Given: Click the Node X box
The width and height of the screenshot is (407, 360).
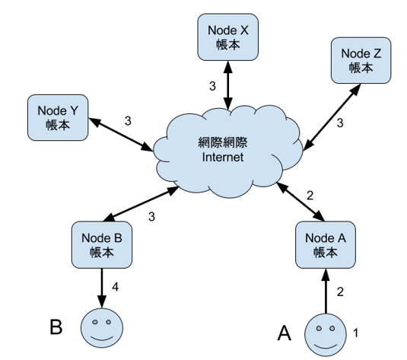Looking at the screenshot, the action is coord(228,37).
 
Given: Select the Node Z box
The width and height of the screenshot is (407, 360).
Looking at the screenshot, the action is coord(361,60).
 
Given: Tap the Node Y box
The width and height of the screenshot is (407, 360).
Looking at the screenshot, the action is coord(58,118).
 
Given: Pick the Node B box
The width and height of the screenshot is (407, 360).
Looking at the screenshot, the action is coord(102,244).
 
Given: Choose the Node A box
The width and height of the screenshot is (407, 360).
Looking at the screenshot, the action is coord(326,244).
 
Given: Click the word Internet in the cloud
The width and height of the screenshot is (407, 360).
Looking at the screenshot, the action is coord(223,157).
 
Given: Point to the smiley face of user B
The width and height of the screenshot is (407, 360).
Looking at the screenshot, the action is coord(102,328).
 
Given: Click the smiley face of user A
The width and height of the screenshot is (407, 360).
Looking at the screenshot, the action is coord(326,334).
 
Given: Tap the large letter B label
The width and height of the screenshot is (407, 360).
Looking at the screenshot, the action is coord(56,327).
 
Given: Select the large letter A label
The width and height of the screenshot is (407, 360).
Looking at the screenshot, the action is coord(285,333).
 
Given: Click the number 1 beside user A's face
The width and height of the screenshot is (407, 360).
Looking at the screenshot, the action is coord(356,333).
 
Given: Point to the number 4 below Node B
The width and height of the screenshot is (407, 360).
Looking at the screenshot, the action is coord(115,287).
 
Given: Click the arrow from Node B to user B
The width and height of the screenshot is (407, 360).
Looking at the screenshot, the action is coord(102,288).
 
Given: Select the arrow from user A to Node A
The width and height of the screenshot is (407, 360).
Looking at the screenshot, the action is coord(326,291).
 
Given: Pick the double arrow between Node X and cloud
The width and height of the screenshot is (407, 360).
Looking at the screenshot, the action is coord(228,85).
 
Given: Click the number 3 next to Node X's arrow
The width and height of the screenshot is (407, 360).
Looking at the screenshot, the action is coord(212,86).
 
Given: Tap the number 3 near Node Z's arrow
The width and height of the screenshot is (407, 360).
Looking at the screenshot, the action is coord(340,123).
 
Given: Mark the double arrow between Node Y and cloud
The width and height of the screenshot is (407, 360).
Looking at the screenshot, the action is coord(121,135).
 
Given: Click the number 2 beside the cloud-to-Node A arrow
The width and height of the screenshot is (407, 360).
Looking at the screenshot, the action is coord(310,196).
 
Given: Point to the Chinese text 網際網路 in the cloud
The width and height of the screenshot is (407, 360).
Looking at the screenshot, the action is coord(223,142).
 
